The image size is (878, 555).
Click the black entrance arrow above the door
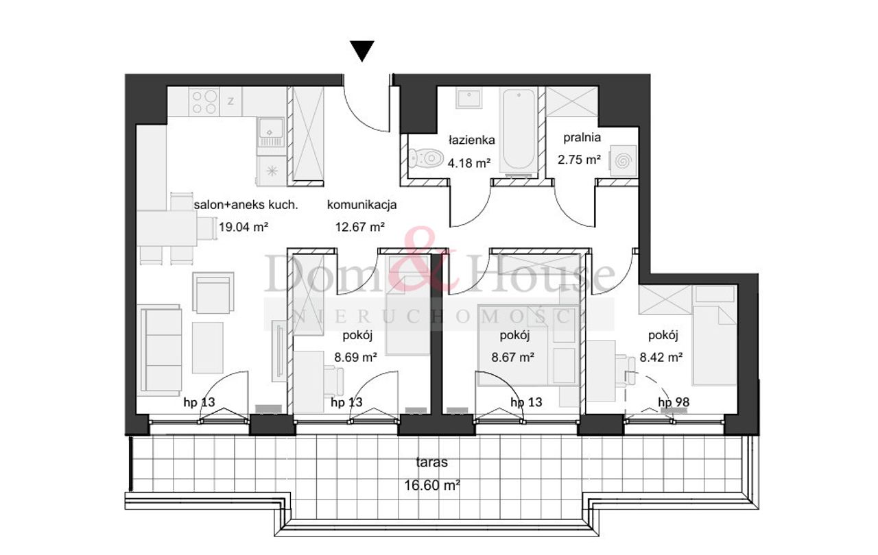361,51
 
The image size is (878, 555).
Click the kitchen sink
270,132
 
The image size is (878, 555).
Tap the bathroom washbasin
468,97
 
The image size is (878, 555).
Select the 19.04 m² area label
244,227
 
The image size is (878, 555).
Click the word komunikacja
361,205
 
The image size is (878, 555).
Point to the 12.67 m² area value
360,227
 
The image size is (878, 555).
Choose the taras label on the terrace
431,463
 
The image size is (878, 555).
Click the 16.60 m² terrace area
431,485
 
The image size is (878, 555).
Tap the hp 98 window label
674,402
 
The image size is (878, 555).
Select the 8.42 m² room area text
661,357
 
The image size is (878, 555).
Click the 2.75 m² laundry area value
580,159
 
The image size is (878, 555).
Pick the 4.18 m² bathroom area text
469,162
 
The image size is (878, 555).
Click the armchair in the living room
213,293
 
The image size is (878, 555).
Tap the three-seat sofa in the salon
161,350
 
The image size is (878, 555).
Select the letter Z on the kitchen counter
231,101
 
